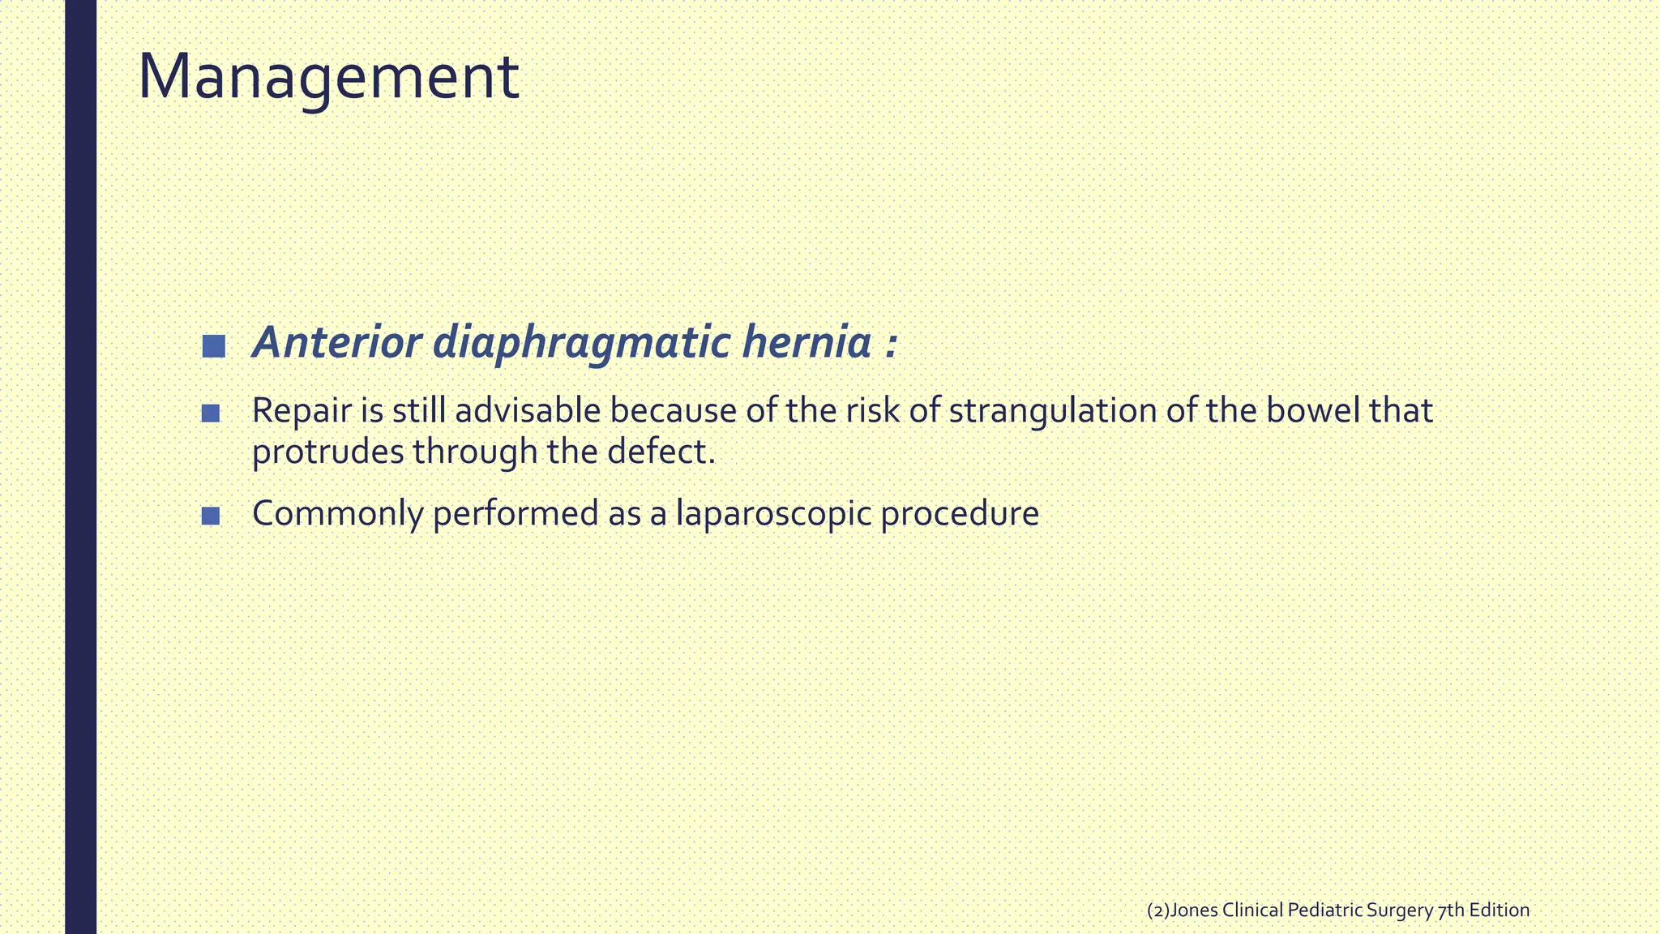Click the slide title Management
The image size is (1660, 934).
pyautogui.click(x=328, y=77)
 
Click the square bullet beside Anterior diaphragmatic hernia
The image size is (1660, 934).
pyautogui.click(x=214, y=346)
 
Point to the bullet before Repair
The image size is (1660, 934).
pyautogui.click(x=211, y=413)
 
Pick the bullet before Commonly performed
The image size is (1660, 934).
pyautogui.click(x=211, y=516)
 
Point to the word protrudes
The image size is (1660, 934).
pyautogui.click(x=327, y=452)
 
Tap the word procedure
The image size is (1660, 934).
pyautogui.click(x=960, y=514)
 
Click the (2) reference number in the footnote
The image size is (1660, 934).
pyautogui.click(x=1158, y=910)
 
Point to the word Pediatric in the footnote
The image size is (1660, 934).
pyautogui.click(x=1324, y=910)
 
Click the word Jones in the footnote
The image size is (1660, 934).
pyautogui.click(x=1194, y=910)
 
